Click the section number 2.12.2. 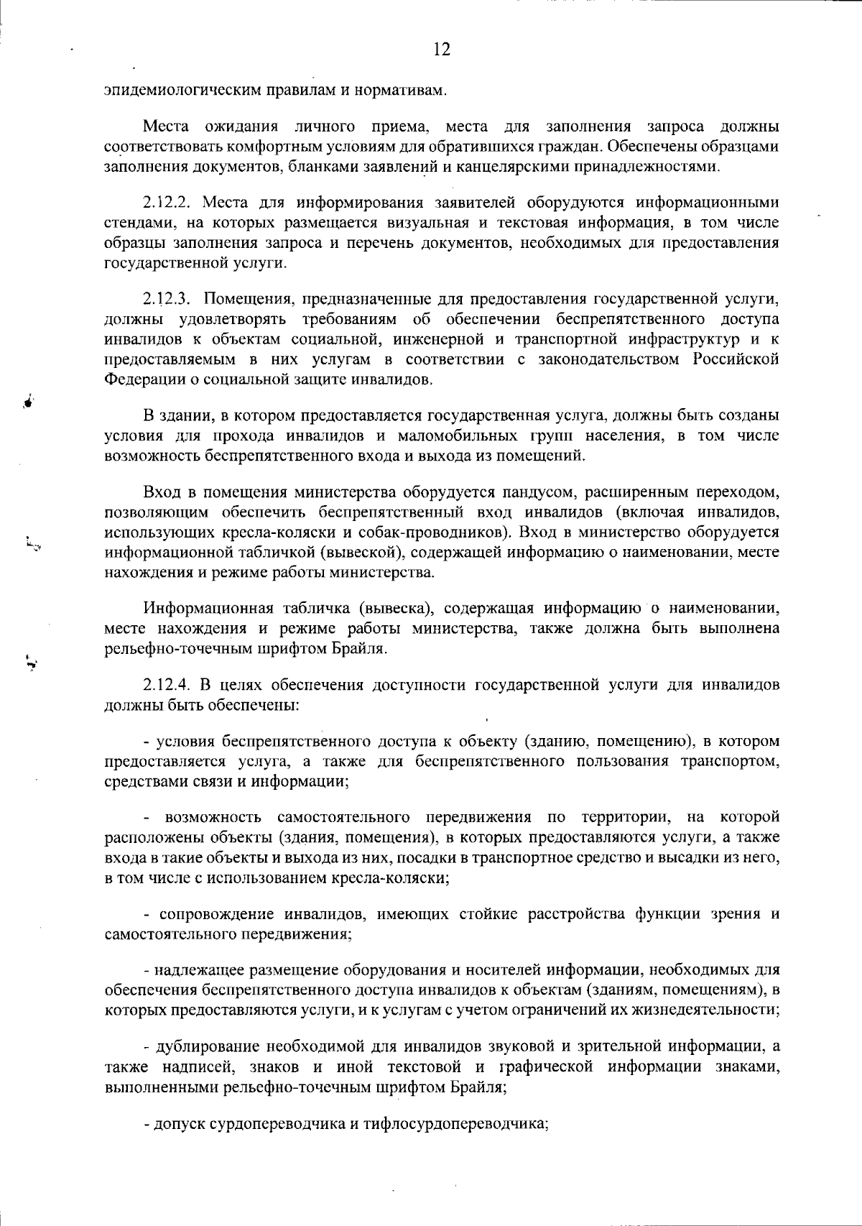167,203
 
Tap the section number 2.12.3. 167,298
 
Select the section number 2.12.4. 167,685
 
